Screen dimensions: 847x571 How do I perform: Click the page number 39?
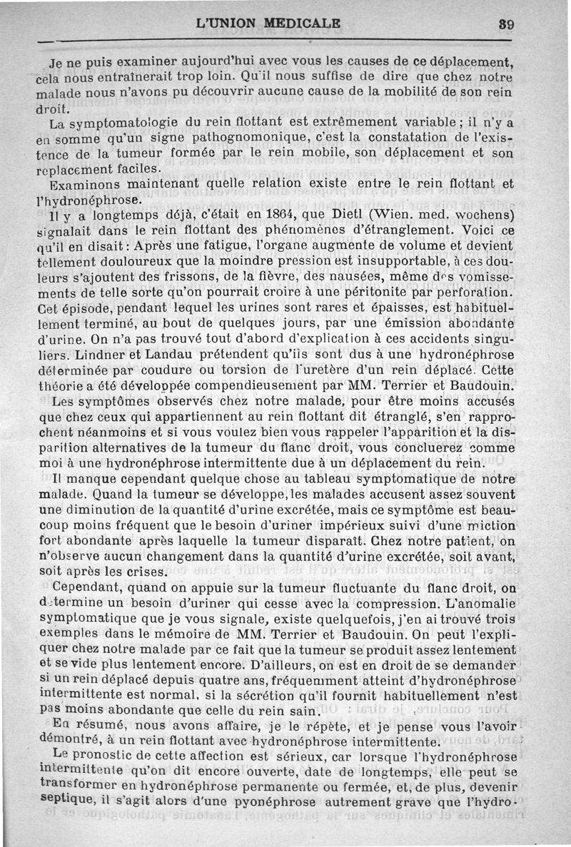point(507,23)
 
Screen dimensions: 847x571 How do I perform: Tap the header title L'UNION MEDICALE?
point(268,23)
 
